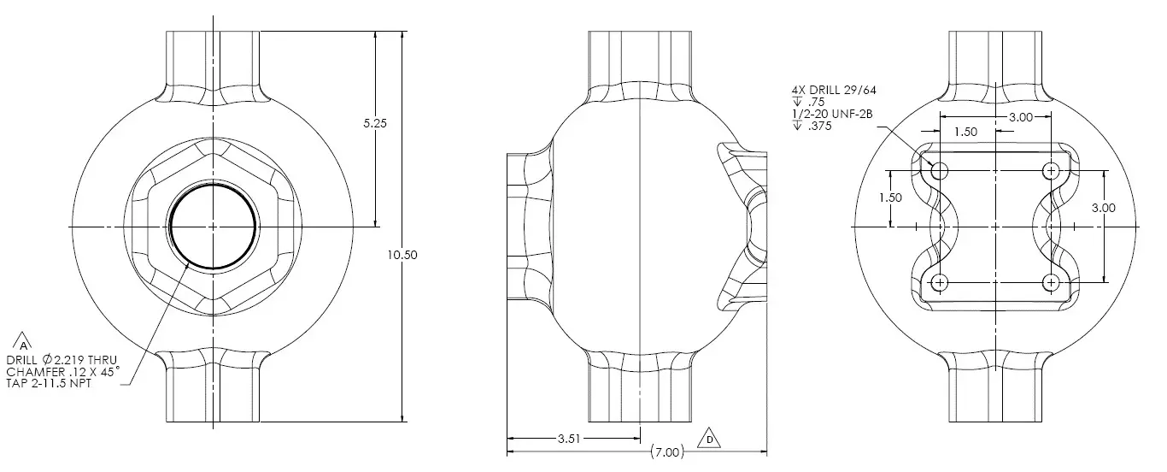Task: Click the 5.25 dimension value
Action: point(375,123)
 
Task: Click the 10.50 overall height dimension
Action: point(402,255)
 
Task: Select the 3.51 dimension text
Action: point(569,439)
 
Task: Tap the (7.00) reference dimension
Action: point(667,451)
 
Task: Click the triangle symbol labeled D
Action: point(709,439)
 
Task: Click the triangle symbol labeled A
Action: point(23,342)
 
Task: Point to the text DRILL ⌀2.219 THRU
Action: point(62,360)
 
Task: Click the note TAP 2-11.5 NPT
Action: point(49,383)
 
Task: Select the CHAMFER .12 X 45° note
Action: point(63,371)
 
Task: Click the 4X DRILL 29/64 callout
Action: point(834,90)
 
